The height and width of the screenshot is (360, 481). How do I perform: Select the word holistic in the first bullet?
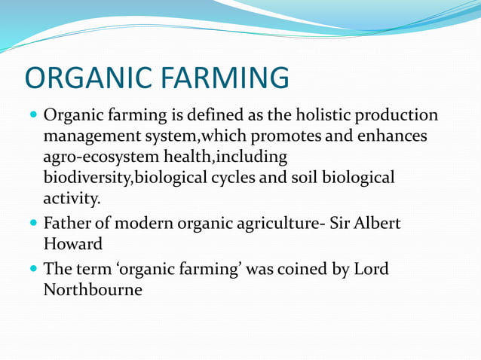pyautogui.click(x=329, y=116)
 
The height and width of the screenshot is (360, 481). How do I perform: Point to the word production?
pyautogui.click(x=400, y=116)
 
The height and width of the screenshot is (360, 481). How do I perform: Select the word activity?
pyautogui.click(x=71, y=199)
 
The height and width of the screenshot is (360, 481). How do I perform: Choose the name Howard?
pyautogui.click(x=72, y=245)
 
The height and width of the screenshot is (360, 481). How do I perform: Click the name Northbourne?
pyautogui.click(x=93, y=289)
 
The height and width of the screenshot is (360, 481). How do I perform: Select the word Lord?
pyautogui.click(x=370, y=269)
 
